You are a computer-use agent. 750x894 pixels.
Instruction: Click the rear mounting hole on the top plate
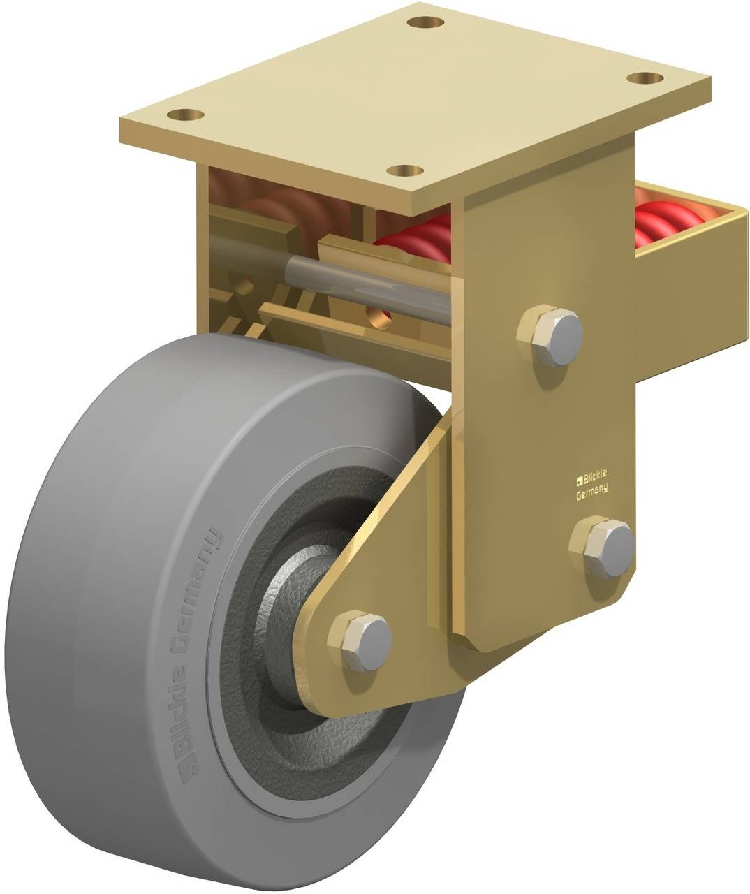pyautogui.click(x=427, y=22)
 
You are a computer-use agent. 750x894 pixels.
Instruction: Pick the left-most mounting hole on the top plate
pyautogui.click(x=185, y=113)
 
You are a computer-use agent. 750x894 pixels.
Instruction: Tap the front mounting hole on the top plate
pyautogui.click(x=405, y=169)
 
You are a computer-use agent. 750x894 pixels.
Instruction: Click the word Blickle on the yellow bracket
pyautogui.click(x=594, y=476)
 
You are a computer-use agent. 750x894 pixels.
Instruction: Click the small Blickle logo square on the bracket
pyautogui.click(x=578, y=479)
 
